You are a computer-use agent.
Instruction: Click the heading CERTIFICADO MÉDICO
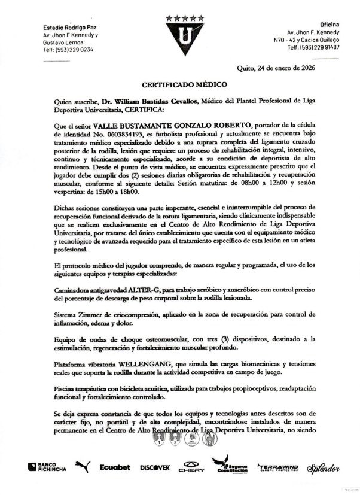(179, 86)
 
